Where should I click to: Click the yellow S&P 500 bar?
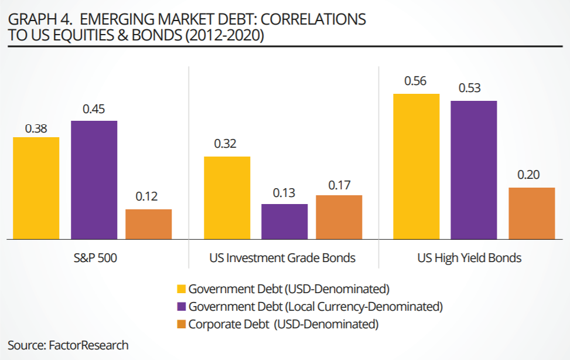tap(36, 188)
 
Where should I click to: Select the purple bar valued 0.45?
tap(94, 179)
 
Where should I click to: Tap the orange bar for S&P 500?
tap(149, 224)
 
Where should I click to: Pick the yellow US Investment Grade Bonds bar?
tap(227, 198)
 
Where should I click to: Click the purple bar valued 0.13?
tap(284, 221)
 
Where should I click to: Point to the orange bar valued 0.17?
tap(339, 217)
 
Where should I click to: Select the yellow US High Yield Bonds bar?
tap(416, 166)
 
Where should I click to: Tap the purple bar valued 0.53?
tap(473, 169)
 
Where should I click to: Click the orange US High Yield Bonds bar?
tap(531, 213)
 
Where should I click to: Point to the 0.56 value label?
tap(415, 81)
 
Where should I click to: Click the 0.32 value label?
tap(226, 144)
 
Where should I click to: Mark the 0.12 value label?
tap(147, 197)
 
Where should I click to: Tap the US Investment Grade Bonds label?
tap(282, 258)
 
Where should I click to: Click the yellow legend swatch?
tap(182, 288)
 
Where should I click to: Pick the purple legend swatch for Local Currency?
tap(182, 306)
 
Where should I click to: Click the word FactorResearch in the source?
tap(88, 345)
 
